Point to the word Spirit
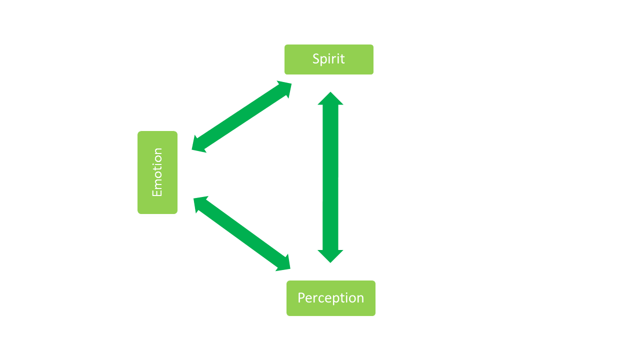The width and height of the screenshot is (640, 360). point(328,59)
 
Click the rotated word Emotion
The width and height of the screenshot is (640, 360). point(157,172)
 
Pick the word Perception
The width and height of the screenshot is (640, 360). point(330,298)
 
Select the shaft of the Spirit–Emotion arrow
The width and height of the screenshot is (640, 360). point(242,116)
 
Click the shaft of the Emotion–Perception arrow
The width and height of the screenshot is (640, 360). point(242,233)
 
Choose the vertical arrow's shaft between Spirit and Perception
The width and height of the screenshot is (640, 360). point(330,177)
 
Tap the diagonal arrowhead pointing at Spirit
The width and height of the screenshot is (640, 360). point(284,88)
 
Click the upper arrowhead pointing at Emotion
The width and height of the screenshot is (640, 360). point(199,145)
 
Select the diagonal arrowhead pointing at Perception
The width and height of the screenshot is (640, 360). point(283,264)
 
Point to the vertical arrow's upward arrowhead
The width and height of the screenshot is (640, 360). point(330,99)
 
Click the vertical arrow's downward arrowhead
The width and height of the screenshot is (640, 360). point(330,255)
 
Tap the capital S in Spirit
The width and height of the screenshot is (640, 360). point(316,59)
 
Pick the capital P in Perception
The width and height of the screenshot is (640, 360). point(301,298)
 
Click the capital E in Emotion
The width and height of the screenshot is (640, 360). point(157,192)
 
